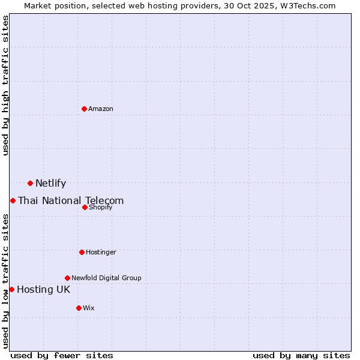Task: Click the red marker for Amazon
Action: tap(84, 109)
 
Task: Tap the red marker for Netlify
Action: tap(30, 183)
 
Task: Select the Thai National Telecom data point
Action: tap(13, 200)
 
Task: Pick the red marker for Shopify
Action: tap(85, 207)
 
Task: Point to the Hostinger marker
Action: tap(82, 252)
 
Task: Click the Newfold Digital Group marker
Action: tap(67, 278)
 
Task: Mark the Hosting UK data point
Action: tap(11, 289)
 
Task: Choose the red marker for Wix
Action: tap(79, 308)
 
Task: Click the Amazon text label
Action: tap(101, 109)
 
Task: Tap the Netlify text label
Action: tap(50, 184)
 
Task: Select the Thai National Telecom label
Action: tap(71, 201)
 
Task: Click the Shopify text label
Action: tap(101, 208)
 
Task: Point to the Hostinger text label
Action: tap(101, 253)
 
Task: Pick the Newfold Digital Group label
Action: tap(106, 278)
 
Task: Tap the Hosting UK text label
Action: tap(43, 290)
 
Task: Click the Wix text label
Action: tap(89, 308)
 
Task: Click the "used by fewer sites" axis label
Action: tap(62, 355)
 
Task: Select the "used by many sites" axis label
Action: tap(301, 355)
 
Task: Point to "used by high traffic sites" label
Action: tap(5, 85)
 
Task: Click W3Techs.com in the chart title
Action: tap(309, 5)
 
